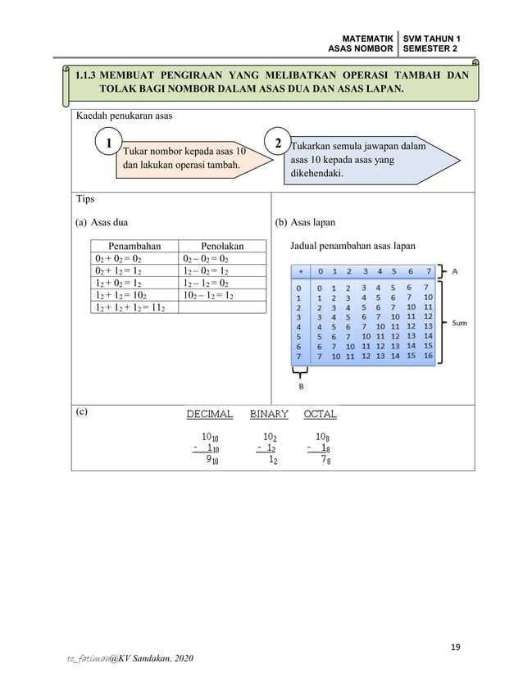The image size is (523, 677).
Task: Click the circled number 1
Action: pyautogui.click(x=107, y=144)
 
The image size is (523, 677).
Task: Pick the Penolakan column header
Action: pyautogui.click(x=222, y=244)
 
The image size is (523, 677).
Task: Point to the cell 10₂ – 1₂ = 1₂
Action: pyautogui.click(x=208, y=294)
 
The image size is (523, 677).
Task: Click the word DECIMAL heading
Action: pyautogui.click(x=209, y=415)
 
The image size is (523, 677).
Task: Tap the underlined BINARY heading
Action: pyautogui.click(x=269, y=415)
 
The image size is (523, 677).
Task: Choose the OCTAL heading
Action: pyautogui.click(x=320, y=415)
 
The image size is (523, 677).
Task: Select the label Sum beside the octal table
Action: pyautogui.click(x=460, y=323)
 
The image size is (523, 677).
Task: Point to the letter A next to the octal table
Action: pyautogui.click(x=455, y=270)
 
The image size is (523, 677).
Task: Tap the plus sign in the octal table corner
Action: pyautogui.click(x=300, y=271)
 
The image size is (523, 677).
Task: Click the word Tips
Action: pyautogui.click(x=84, y=199)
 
